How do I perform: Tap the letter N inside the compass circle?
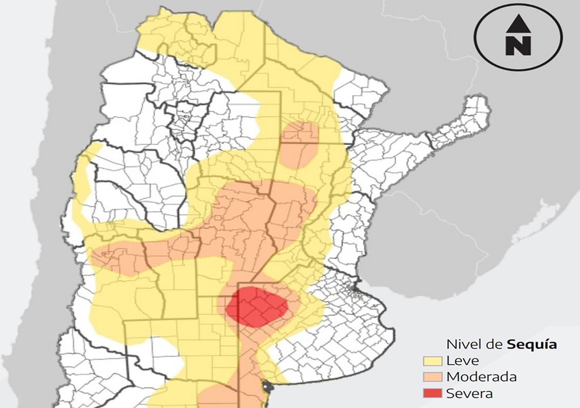518,45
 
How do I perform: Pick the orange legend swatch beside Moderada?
433,377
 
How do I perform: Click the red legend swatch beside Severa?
433,393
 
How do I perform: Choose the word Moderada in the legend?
481,377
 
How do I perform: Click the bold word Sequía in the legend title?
532,344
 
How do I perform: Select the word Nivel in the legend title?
460,344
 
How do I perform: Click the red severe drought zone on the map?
256,306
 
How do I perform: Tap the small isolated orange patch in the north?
300,145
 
